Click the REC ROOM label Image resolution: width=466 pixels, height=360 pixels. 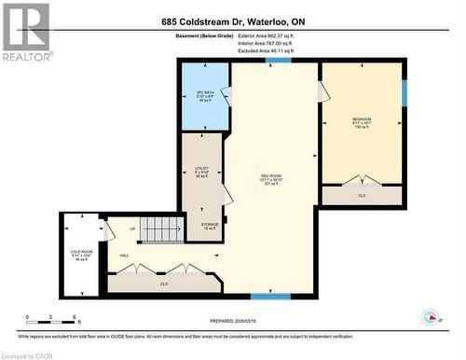[271, 176]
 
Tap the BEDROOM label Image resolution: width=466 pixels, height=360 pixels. [362, 120]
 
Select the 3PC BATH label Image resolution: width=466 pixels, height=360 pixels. [205, 94]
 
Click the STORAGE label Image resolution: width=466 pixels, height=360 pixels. [209, 224]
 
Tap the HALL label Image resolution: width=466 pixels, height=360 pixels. [124, 256]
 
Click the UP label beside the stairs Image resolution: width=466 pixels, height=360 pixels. [133, 230]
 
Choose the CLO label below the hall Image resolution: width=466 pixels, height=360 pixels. [163, 283]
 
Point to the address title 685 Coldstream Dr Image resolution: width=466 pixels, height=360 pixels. [232, 21]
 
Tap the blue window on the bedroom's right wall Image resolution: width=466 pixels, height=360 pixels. [404, 93]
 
